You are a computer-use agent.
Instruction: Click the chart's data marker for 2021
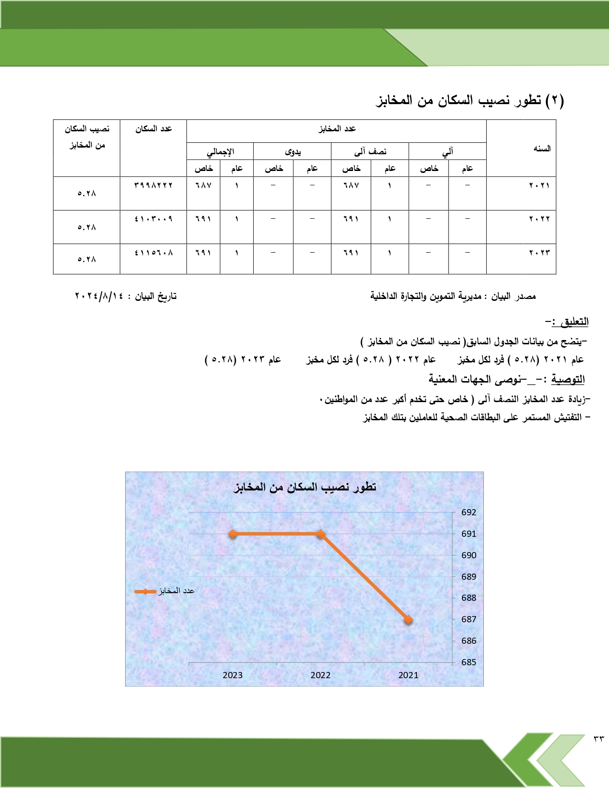[x=408, y=620]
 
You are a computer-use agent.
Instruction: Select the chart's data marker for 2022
[x=321, y=534]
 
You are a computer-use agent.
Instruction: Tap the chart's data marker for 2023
[x=233, y=534]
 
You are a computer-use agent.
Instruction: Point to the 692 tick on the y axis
[x=469, y=512]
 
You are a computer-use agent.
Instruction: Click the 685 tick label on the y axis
[x=469, y=662]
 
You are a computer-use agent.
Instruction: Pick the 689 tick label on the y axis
[x=469, y=576]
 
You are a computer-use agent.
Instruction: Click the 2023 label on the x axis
[x=233, y=675]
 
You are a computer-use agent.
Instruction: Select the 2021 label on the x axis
[x=408, y=675]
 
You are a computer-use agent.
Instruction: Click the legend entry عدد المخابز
[x=165, y=591]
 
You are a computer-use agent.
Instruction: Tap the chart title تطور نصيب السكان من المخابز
[x=305, y=487]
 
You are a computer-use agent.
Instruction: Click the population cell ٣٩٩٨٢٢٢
[x=153, y=185]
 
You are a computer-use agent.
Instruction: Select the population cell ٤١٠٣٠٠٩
[x=153, y=219]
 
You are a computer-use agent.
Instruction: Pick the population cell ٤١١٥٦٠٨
[x=153, y=253]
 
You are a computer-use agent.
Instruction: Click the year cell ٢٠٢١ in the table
[x=539, y=185]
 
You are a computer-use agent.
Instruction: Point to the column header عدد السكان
[x=153, y=129]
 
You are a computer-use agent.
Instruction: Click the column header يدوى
[x=292, y=152]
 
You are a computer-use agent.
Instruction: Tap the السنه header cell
[x=542, y=149]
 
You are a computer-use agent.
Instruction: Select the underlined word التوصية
[x=568, y=380]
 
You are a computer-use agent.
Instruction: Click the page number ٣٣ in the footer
[x=598, y=739]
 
